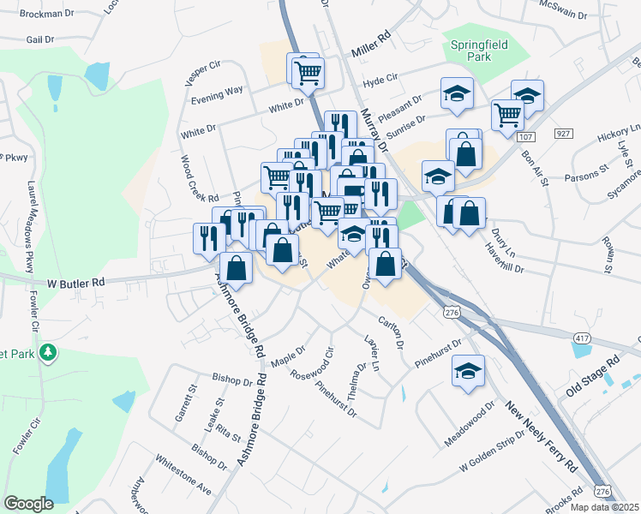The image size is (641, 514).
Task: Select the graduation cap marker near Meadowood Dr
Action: (468, 371)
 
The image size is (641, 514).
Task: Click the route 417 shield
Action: (583, 339)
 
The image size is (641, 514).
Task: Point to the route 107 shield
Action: (526, 137)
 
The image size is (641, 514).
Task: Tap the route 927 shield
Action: (563, 134)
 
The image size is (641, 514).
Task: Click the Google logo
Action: (28, 504)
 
